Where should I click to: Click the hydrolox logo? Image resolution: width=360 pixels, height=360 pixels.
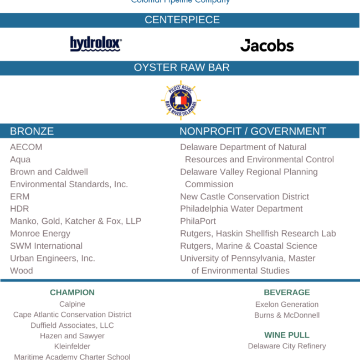pyautogui.click(x=96, y=44)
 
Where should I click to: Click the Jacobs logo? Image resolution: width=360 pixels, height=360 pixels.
pyautogui.click(x=267, y=45)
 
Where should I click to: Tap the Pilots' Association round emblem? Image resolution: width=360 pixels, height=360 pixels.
pyautogui.click(x=181, y=100)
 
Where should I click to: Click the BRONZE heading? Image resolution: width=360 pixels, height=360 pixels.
pyautogui.click(x=32, y=131)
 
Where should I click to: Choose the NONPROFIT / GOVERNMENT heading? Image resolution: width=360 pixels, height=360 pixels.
pyautogui.click(x=253, y=131)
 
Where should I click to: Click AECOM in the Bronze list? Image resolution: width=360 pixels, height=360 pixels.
pyautogui.click(x=26, y=147)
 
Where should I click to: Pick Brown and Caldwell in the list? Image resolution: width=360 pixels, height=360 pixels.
pyautogui.click(x=49, y=172)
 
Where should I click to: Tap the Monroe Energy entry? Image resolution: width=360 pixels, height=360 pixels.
pyautogui.click(x=40, y=234)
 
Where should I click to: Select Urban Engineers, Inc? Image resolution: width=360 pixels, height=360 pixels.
pyautogui.click(x=53, y=258)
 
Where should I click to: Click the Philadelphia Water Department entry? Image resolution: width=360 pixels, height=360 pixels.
pyautogui.click(x=241, y=209)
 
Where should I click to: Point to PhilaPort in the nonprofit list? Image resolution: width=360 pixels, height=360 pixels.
pyautogui.click(x=198, y=221)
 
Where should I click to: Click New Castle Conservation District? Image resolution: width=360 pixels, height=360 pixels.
pyautogui.click(x=244, y=197)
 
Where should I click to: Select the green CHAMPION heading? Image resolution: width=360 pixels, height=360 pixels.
pyautogui.click(x=72, y=292)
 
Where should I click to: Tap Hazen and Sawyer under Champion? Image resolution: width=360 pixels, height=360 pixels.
pyautogui.click(x=72, y=336)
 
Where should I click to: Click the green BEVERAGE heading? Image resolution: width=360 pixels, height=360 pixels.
pyautogui.click(x=287, y=292)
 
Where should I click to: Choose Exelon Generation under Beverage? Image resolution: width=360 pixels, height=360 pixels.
pyautogui.click(x=287, y=305)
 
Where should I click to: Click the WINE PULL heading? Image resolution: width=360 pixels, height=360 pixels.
pyautogui.click(x=287, y=335)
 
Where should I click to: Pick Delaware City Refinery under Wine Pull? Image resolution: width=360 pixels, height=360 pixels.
pyautogui.click(x=287, y=346)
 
